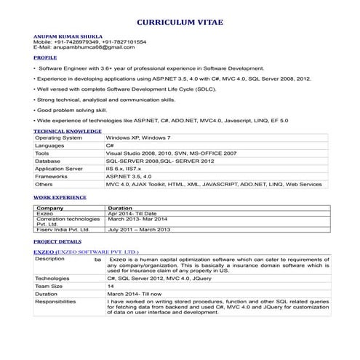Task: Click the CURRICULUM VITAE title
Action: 180,23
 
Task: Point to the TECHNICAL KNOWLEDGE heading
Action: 68,131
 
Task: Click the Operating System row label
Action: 59,137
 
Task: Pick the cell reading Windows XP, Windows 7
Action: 138,137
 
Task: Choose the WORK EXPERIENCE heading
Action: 60,197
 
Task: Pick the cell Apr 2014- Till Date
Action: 132,213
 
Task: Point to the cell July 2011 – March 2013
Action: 138,229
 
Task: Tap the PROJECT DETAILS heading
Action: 57,240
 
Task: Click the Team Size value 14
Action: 111,287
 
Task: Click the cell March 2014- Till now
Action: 134,294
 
